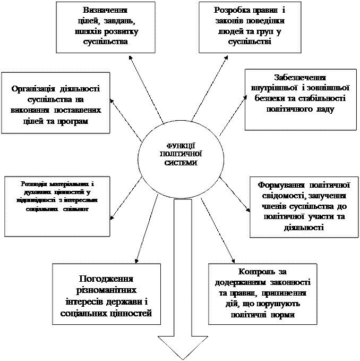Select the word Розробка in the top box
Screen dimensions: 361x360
[x=217, y=11]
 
